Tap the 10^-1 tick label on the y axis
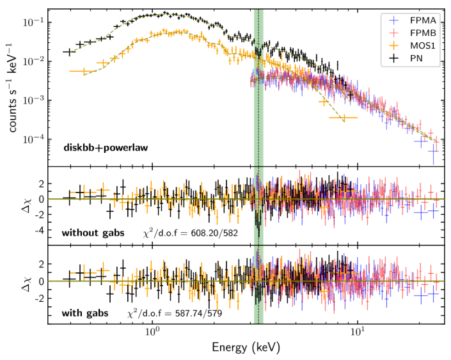point(33,22)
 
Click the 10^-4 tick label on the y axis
point(33,139)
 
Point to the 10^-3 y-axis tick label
point(33,100)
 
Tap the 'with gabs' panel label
point(85,313)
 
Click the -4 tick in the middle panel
point(38,229)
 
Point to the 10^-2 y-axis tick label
point(33,61)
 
